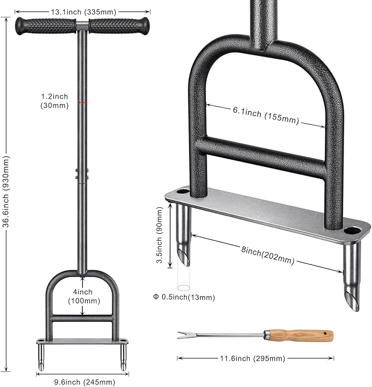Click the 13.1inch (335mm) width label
coord(83,11)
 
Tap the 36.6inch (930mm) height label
coord(6,191)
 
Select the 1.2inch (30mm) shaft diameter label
coord(54,101)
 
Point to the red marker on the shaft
coord(82,102)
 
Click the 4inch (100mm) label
coord(84,297)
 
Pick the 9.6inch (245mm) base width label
coord(84,382)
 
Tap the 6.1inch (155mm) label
coord(266,115)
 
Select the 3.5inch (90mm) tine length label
coord(160,235)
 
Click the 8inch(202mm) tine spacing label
coord(268,255)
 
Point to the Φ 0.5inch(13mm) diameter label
coord(184,297)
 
